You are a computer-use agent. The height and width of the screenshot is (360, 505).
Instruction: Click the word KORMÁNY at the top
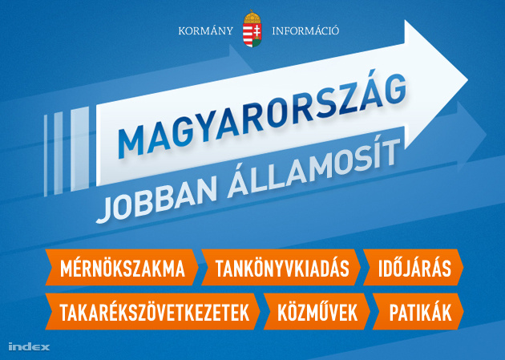205,31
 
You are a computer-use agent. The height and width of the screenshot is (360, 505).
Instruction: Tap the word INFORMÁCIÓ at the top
305,31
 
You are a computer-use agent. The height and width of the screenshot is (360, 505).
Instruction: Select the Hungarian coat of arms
252,29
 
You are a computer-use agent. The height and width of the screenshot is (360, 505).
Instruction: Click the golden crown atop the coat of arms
252,17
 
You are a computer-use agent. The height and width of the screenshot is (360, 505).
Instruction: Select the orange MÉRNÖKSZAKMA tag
122,267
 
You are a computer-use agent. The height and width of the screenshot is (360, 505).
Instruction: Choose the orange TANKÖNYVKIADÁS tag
281,267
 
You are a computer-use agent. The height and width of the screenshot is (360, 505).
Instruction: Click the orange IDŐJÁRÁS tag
414,267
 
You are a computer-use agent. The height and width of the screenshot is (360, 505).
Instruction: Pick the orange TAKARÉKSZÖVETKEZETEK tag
152,311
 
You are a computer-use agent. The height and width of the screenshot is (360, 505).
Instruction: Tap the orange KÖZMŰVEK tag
317,311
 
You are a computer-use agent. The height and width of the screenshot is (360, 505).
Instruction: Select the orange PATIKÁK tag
418,311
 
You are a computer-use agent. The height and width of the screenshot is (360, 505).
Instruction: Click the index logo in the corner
29,346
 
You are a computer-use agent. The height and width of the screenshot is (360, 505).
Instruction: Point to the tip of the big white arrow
467,79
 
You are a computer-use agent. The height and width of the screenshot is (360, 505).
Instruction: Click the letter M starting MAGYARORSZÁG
131,141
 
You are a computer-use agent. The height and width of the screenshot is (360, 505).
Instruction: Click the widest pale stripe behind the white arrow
80,148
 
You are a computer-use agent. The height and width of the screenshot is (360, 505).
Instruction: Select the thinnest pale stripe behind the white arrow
46,156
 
